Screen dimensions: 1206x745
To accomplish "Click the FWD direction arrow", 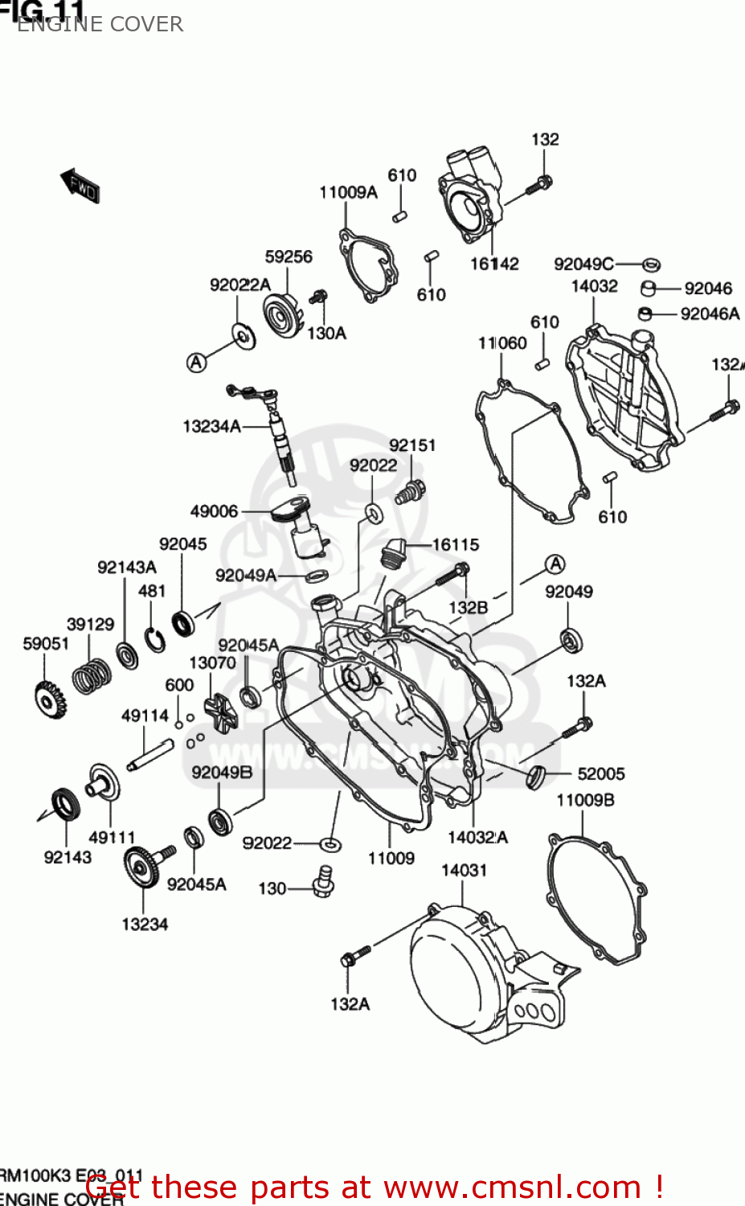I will pyautogui.click(x=80, y=187).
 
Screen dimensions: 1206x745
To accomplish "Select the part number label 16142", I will pyautogui.click(x=494, y=264).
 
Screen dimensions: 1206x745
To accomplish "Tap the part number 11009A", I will pyautogui.click(x=348, y=192).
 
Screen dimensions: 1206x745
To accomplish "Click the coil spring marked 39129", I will pyautogui.click(x=91, y=676).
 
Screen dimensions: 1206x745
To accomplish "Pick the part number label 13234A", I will pyautogui.click(x=211, y=426).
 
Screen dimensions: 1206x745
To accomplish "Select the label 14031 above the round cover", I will pyautogui.click(x=464, y=870).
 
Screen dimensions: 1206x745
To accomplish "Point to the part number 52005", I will pyautogui.click(x=600, y=773).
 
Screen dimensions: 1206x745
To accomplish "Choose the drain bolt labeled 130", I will pyautogui.click(x=324, y=883).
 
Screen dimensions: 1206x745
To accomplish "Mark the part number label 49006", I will pyautogui.click(x=214, y=511).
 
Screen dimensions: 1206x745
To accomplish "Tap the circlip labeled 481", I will pyautogui.click(x=155, y=639).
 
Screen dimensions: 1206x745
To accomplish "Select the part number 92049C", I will pyautogui.click(x=583, y=264).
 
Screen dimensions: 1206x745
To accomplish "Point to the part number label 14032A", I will pyautogui.click(x=477, y=837).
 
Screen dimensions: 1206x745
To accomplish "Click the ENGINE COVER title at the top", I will pyautogui.click(x=100, y=24).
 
